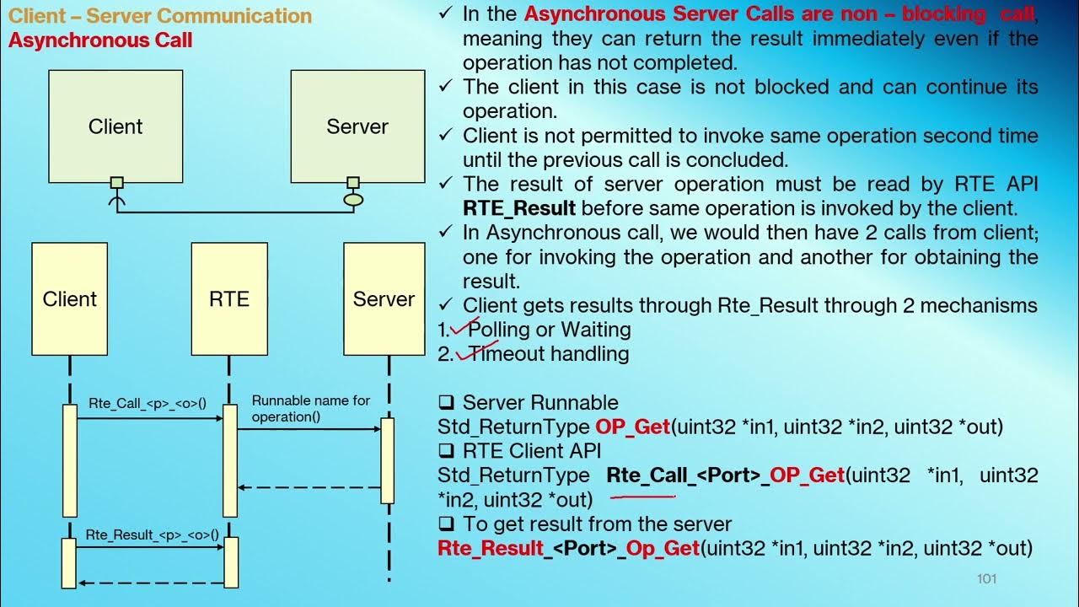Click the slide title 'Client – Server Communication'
click(160, 16)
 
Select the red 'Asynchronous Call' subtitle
click(100, 40)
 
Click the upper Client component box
click(115, 126)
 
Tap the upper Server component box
click(357, 126)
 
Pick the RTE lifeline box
click(228, 299)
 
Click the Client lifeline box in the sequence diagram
click(70, 299)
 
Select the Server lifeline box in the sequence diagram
click(384, 299)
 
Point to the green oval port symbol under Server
click(353, 201)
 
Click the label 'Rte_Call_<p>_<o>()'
click(147, 403)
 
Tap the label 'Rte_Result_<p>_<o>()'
click(153, 534)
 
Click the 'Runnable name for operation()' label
click(310, 409)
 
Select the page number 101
click(987, 578)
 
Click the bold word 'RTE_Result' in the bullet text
click(519, 208)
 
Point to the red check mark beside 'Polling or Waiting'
click(464, 328)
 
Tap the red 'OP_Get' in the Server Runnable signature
click(632, 427)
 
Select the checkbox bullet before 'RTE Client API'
click(446, 452)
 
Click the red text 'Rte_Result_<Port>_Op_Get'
click(569, 548)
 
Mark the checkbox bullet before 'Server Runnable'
click(446, 403)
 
